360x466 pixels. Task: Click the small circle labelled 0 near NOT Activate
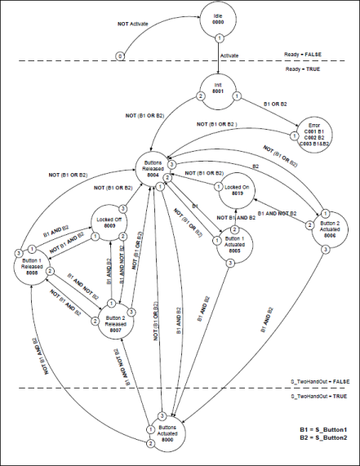120,56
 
